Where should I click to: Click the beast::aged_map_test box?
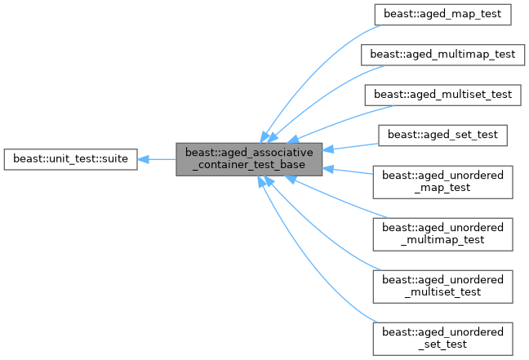click(x=442, y=15)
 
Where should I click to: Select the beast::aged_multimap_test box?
click(x=442, y=55)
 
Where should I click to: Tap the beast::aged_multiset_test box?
click(x=442, y=94)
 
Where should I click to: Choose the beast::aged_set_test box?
click(x=442, y=133)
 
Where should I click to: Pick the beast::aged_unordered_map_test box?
click(x=442, y=180)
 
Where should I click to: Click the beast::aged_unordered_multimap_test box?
click(x=442, y=233)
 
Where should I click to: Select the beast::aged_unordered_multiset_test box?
click(x=442, y=285)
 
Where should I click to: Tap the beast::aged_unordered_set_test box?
click(x=442, y=337)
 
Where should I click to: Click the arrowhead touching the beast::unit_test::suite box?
click(x=144, y=158)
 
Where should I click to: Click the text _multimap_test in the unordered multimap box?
click(x=442, y=239)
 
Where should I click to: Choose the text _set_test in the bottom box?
click(x=442, y=344)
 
